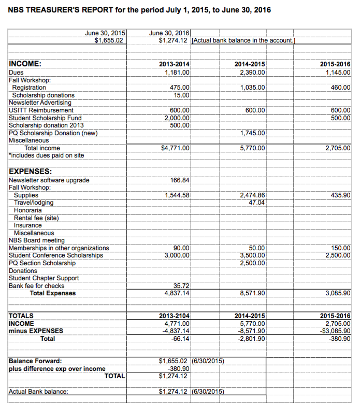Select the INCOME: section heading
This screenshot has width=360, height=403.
coord(25,64)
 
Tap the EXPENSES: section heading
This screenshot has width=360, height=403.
coord(30,171)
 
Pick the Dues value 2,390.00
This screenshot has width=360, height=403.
coord(253,73)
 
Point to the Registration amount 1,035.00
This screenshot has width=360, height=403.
coord(253,88)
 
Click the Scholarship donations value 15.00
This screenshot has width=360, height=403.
coord(182,95)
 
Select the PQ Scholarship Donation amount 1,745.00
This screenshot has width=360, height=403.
coord(253,133)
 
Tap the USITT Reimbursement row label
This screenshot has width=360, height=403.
coord(41,110)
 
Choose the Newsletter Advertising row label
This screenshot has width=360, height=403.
coord(41,103)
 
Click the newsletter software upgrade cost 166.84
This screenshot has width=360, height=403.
coord(180,180)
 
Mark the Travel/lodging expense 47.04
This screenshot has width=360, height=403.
coord(257,203)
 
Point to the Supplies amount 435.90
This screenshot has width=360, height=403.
coord(340,195)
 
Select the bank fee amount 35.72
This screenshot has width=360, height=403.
coord(182,285)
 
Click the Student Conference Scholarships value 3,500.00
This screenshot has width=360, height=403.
coord(253,255)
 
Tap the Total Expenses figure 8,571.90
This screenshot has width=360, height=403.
coord(253,293)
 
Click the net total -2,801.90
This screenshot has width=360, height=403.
coord(252,339)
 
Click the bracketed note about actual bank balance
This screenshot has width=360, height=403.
coord(243,40)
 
